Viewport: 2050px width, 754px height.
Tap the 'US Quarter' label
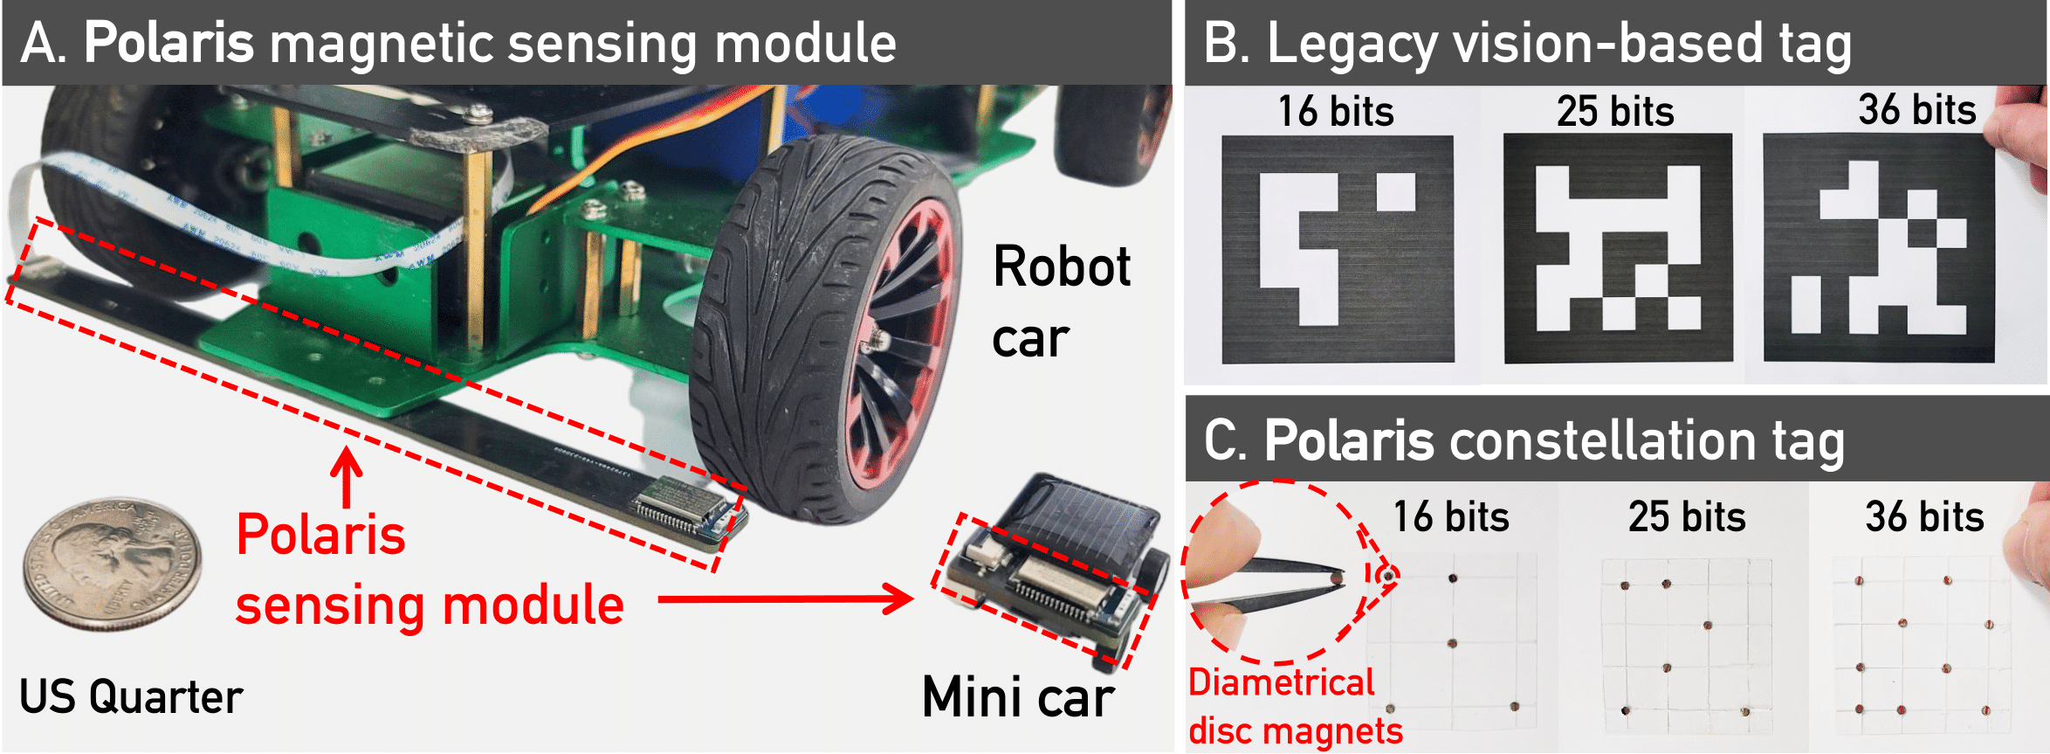point(131,697)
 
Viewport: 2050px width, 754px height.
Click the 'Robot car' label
point(1062,301)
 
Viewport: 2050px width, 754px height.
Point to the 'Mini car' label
point(1018,697)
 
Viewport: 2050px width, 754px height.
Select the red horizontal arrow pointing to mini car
point(786,599)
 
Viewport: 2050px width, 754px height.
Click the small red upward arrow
point(347,477)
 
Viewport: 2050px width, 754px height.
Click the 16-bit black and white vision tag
point(1338,249)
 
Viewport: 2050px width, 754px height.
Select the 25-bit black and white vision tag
point(1618,248)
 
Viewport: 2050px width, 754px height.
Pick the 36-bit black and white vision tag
point(1879,248)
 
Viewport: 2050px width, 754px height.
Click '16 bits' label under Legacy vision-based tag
point(1336,112)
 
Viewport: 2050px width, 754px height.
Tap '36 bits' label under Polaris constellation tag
point(1924,516)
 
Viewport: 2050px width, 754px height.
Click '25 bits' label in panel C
point(1687,516)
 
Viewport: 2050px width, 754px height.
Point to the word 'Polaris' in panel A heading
point(169,43)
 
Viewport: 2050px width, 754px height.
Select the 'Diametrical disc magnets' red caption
point(1296,706)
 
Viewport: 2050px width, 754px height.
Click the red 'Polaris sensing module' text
point(430,570)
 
